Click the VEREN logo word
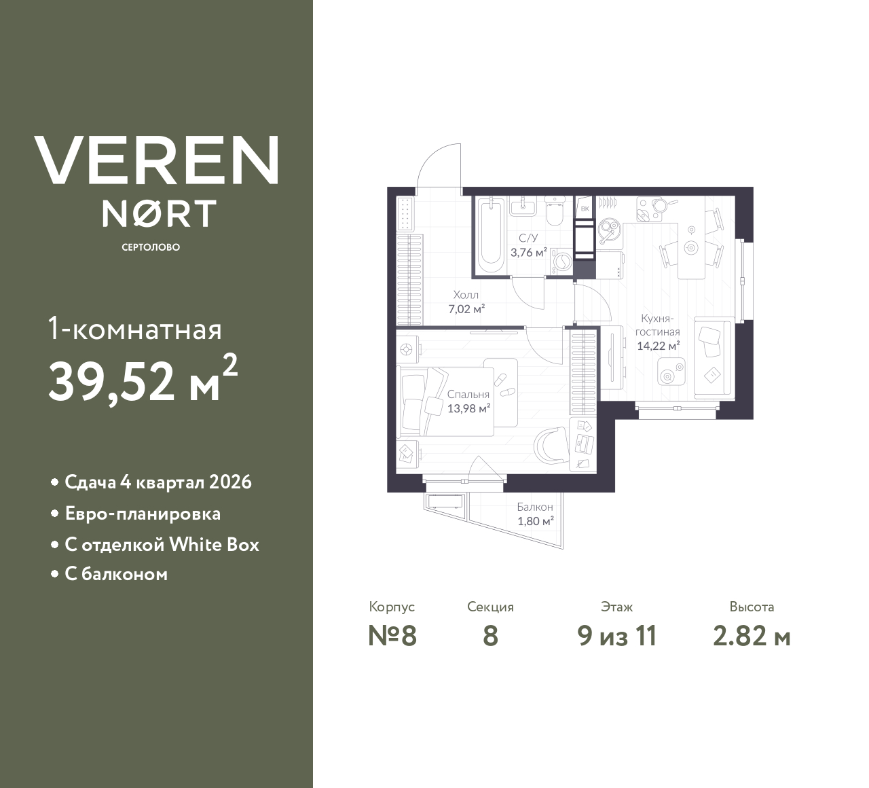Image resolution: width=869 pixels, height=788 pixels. pyautogui.click(x=156, y=160)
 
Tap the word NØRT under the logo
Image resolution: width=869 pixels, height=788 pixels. pyautogui.click(x=159, y=213)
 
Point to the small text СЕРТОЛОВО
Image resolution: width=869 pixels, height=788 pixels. pyautogui.click(x=151, y=247)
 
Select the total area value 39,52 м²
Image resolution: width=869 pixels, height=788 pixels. pyautogui.click(x=143, y=381)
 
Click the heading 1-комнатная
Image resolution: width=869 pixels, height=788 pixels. pyautogui.click(x=135, y=330)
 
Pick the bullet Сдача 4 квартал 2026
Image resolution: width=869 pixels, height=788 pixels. pyautogui.click(x=158, y=482)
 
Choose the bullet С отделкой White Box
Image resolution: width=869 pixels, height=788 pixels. pyautogui.click(x=162, y=545)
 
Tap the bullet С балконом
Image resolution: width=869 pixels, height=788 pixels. pyautogui.click(x=116, y=575)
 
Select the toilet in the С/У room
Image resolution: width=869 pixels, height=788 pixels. pyautogui.click(x=555, y=211)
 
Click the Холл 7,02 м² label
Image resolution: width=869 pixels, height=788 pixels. pyautogui.click(x=466, y=302)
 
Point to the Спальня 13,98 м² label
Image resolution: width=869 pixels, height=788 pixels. pyautogui.click(x=468, y=401)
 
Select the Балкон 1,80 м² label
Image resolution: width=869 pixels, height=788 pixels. pyautogui.click(x=535, y=514)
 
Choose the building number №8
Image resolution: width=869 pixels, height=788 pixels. pyautogui.click(x=392, y=637)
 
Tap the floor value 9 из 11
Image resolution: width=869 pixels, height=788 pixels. pyautogui.click(x=616, y=637)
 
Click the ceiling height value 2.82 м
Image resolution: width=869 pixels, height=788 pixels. pyautogui.click(x=752, y=637)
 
